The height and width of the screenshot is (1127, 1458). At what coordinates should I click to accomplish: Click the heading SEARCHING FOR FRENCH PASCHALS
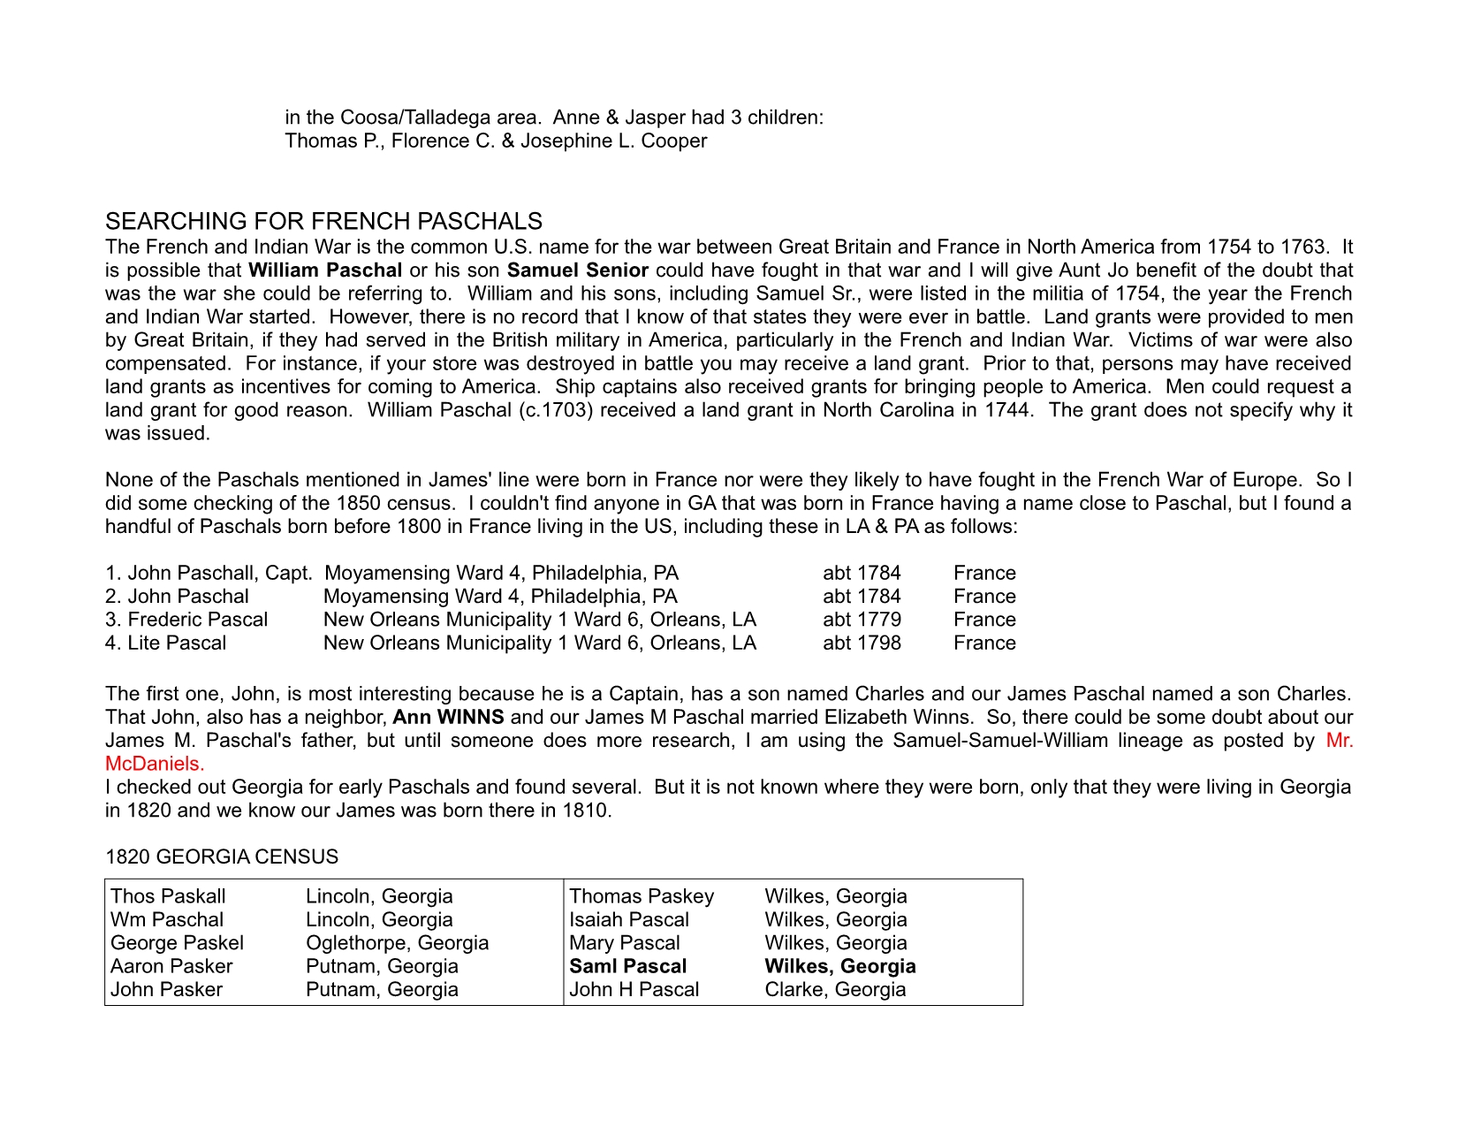click(323, 221)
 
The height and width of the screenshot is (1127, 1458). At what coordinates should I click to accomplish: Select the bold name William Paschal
click(325, 270)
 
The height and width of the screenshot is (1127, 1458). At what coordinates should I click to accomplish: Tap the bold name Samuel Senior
click(578, 270)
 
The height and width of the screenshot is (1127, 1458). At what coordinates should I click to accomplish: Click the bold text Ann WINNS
click(448, 717)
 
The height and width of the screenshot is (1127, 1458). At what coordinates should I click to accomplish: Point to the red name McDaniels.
click(155, 764)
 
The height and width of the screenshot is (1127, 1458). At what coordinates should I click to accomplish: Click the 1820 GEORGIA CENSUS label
click(222, 857)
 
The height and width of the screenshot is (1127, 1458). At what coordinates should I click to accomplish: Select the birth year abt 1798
click(862, 643)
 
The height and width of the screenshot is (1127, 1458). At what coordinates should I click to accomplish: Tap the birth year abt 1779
click(862, 620)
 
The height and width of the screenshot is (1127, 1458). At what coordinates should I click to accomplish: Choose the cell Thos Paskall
click(168, 896)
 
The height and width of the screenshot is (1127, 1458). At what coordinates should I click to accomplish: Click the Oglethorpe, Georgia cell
click(397, 943)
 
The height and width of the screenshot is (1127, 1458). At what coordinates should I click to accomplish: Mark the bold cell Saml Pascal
click(627, 966)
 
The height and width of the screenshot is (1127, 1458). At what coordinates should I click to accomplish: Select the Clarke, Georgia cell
click(835, 989)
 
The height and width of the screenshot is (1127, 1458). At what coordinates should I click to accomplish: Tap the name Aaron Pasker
click(171, 966)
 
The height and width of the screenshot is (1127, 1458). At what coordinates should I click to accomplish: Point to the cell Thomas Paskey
click(642, 896)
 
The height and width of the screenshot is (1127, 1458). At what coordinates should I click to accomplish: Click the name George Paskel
click(177, 943)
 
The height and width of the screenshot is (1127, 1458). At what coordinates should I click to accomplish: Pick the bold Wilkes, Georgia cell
click(839, 966)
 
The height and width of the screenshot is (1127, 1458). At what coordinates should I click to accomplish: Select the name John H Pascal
click(634, 989)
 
